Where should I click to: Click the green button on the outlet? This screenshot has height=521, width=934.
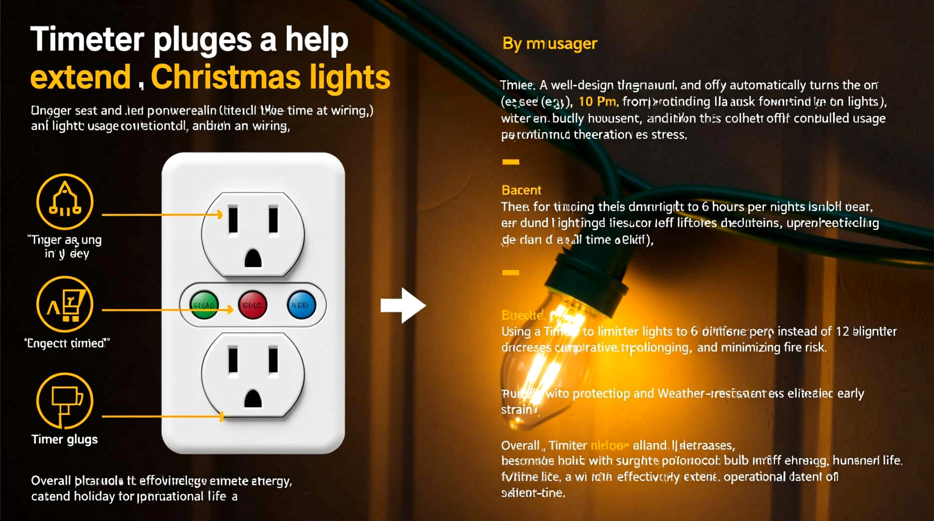[204, 305]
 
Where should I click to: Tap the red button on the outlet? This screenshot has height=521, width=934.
[253, 305]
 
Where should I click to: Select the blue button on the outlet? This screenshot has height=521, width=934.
[301, 305]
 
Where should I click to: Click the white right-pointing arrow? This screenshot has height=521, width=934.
[403, 305]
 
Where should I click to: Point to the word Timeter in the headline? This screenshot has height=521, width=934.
[88, 40]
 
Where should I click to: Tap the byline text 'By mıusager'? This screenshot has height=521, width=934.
[550, 44]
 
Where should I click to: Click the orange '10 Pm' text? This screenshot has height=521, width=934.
[597, 102]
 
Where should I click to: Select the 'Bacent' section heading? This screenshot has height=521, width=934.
[521, 190]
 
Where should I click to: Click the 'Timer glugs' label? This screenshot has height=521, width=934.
[65, 440]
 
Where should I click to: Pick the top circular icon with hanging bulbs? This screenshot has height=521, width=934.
[65, 202]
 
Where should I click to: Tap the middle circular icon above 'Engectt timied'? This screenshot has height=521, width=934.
[65, 304]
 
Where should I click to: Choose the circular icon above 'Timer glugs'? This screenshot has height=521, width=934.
[65, 401]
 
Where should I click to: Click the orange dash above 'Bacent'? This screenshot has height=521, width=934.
[510, 162]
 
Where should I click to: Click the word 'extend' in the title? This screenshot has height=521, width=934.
[80, 77]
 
